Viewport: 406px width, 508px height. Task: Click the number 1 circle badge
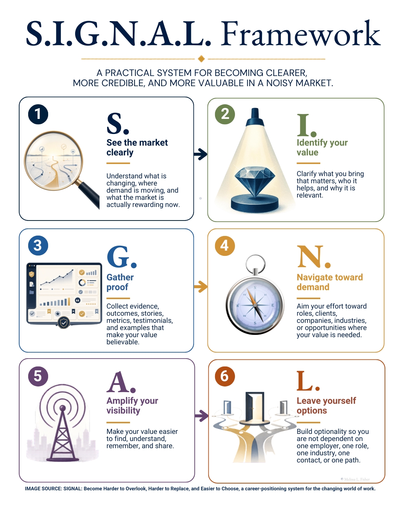[38, 114]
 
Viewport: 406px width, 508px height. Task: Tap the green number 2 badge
[225, 114]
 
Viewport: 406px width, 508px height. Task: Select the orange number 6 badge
[225, 376]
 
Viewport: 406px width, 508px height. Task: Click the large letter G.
[118, 257]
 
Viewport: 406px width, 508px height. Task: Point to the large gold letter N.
[310, 257]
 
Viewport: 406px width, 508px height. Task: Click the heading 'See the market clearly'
[137, 147]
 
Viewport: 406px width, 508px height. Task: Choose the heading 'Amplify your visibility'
[132, 406]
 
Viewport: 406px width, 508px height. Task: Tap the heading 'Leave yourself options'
[326, 406]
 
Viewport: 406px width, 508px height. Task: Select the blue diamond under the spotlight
[255, 181]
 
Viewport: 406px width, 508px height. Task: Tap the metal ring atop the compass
[255, 264]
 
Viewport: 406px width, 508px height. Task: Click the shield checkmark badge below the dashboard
[64, 322]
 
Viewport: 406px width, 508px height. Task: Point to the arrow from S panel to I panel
[200, 154]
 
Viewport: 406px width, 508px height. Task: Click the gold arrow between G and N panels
[200, 287]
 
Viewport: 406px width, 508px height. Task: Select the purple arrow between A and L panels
[201, 416]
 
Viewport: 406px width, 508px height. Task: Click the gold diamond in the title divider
[201, 59]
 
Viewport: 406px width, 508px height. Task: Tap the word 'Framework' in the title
[300, 33]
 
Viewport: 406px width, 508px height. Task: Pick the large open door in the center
[255, 407]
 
